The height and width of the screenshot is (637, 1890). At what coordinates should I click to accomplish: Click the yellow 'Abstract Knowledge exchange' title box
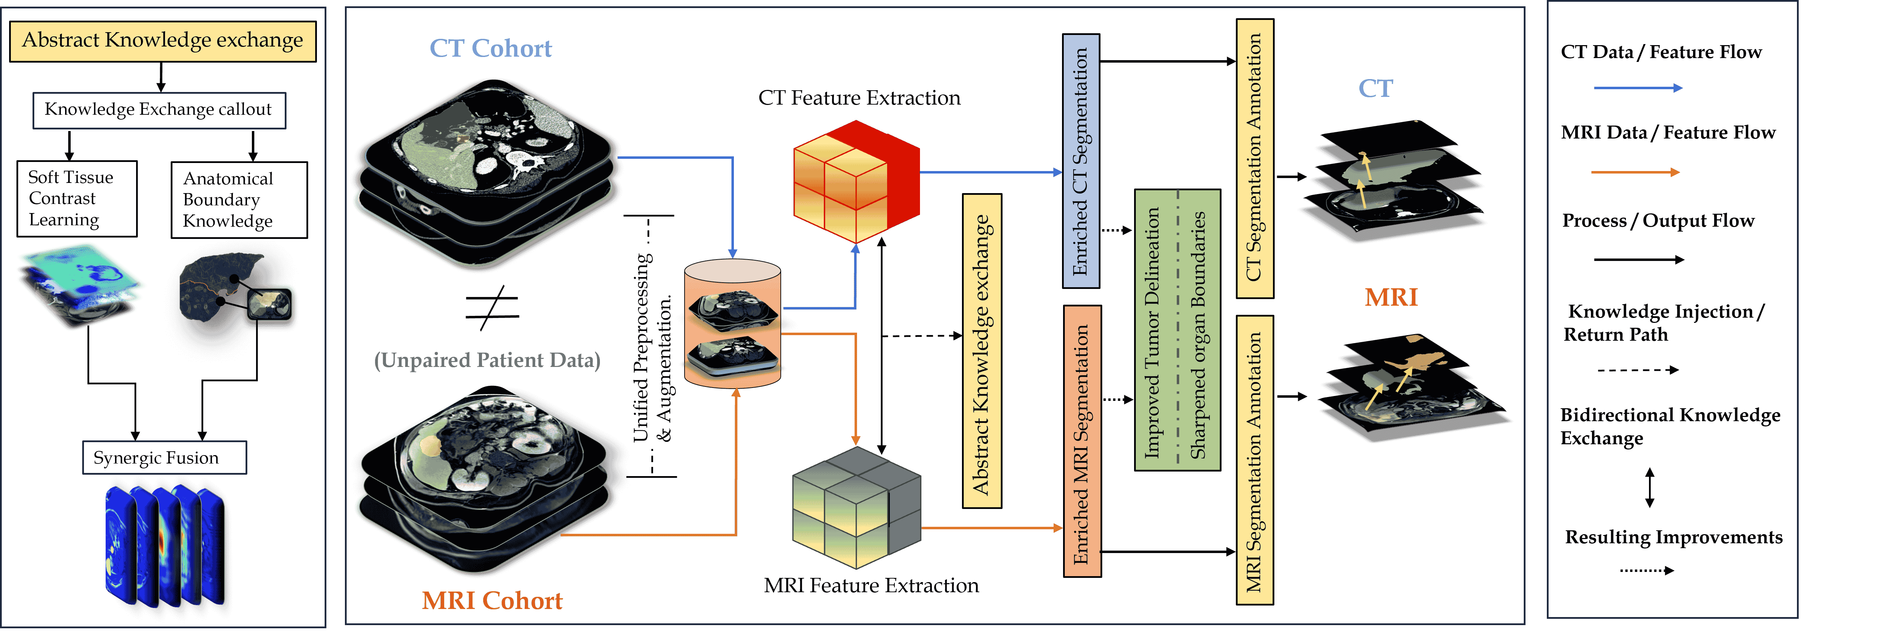coord(162,41)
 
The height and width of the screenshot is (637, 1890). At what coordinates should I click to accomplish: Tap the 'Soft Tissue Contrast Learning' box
coord(77,198)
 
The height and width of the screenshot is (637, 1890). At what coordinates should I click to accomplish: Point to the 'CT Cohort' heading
coord(490,48)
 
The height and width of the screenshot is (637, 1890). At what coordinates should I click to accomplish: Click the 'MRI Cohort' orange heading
coord(491,600)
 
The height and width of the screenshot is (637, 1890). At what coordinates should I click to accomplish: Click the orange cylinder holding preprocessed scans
coord(732,323)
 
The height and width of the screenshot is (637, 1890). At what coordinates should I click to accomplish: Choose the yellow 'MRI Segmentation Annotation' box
coord(1255,460)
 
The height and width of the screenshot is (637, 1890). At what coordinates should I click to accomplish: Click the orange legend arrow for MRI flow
coord(1635,172)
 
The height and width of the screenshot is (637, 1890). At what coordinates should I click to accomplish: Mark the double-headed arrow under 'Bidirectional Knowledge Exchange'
coord(1649,488)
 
